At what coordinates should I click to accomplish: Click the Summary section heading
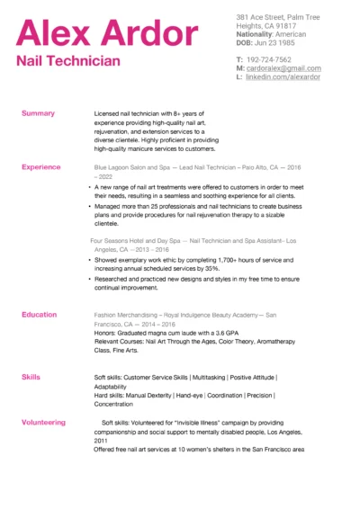(38, 114)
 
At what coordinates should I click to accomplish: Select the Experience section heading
(41, 167)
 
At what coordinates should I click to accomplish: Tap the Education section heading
(40, 315)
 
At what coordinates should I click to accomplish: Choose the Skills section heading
(31, 377)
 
